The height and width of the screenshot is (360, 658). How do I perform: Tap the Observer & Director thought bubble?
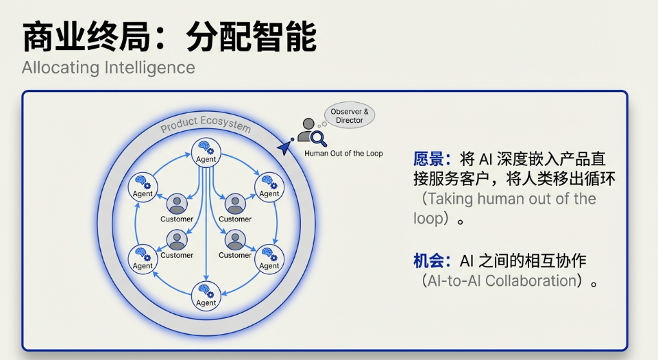tap(350, 116)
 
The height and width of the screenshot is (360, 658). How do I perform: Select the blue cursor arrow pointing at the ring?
tap(283, 147)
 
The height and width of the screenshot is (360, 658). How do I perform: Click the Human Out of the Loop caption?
tap(343, 154)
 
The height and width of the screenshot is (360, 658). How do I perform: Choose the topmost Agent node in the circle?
tap(206, 151)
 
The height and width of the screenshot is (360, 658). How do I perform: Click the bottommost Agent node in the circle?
tap(206, 295)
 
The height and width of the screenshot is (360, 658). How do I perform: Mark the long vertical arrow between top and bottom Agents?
tap(206, 226)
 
